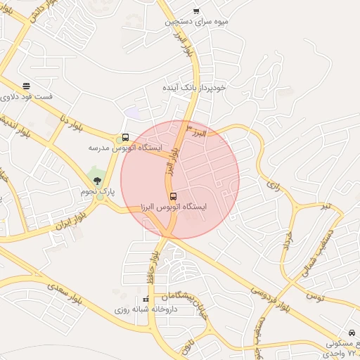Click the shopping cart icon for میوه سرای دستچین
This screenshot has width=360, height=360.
pyautogui.click(x=195, y=11)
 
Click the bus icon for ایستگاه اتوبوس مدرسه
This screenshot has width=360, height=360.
pyautogui.click(x=125, y=138)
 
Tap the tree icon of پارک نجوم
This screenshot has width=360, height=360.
pyautogui.click(x=98, y=181)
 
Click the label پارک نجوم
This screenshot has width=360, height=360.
pyautogui.click(x=97, y=191)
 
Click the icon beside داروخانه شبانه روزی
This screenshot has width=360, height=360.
pyautogui.click(x=146, y=300)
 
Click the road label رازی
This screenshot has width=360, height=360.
pyautogui.click(x=272, y=186)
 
